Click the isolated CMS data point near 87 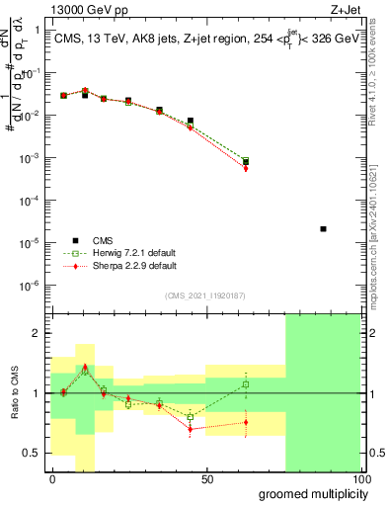[x=324, y=229]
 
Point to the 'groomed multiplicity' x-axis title [x=309, y=493]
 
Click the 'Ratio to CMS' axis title [x=15, y=393]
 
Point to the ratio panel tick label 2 [x=37, y=334]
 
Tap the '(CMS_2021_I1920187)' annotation [x=205, y=295]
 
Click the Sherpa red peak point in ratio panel [x=85, y=367]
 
